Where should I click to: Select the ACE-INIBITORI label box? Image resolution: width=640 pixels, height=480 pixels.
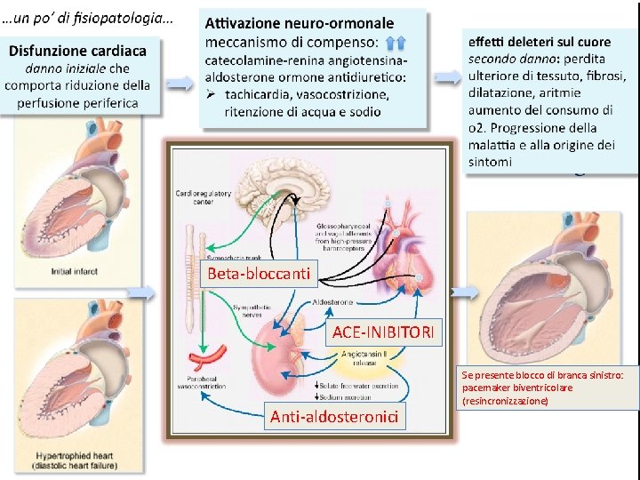point(384,332)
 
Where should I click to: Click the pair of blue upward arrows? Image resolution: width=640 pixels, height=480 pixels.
point(397,41)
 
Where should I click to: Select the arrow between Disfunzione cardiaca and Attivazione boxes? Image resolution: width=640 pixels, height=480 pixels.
point(180,83)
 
